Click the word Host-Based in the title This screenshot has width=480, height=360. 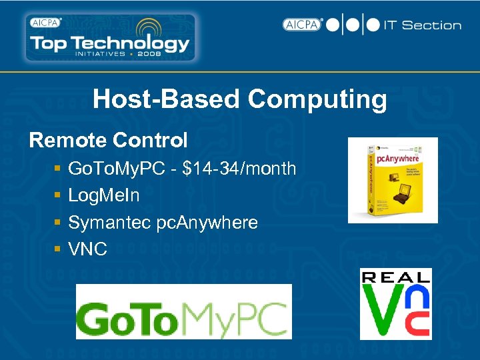(167, 100)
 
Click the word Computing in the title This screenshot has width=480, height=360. (317, 100)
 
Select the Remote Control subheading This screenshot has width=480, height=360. (109, 141)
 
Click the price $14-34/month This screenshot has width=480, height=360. (239, 169)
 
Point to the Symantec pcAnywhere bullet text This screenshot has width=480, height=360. (163, 223)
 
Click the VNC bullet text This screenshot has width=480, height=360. (87, 249)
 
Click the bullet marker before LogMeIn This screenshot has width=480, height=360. (59, 196)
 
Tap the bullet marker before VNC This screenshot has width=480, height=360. (59, 250)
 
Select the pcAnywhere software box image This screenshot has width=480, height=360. (393, 180)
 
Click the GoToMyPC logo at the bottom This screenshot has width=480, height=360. (183, 312)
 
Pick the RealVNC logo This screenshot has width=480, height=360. (395, 304)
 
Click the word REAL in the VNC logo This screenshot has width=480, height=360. (395, 277)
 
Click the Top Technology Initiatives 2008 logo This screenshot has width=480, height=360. (109, 38)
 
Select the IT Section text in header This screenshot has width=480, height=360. (422, 25)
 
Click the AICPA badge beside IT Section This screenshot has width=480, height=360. (302, 25)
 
